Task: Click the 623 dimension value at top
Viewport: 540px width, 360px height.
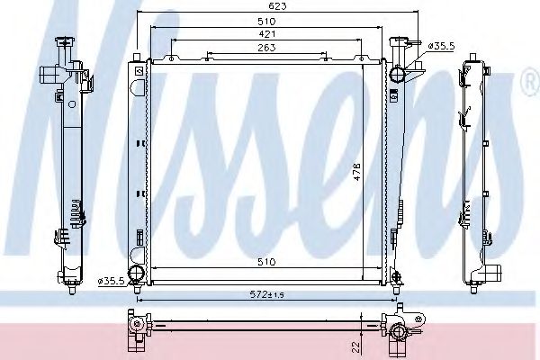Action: pyautogui.click(x=277, y=6)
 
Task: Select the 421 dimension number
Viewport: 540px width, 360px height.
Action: pyautogui.click(x=266, y=34)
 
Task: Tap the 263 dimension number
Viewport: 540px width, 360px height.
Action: pyautogui.click(x=266, y=48)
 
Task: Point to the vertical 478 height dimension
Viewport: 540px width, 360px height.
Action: pyautogui.click(x=356, y=171)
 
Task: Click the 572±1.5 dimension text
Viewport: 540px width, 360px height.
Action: pyautogui.click(x=266, y=294)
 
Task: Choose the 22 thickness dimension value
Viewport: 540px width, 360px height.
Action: pyautogui.click(x=356, y=346)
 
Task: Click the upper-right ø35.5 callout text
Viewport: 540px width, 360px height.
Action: pyautogui.click(x=441, y=46)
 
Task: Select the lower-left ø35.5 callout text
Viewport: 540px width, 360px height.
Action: pyautogui.click(x=111, y=281)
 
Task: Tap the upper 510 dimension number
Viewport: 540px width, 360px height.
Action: pyautogui.click(x=266, y=22)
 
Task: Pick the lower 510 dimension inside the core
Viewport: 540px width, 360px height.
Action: pyautogui.click(x=266, y=262)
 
